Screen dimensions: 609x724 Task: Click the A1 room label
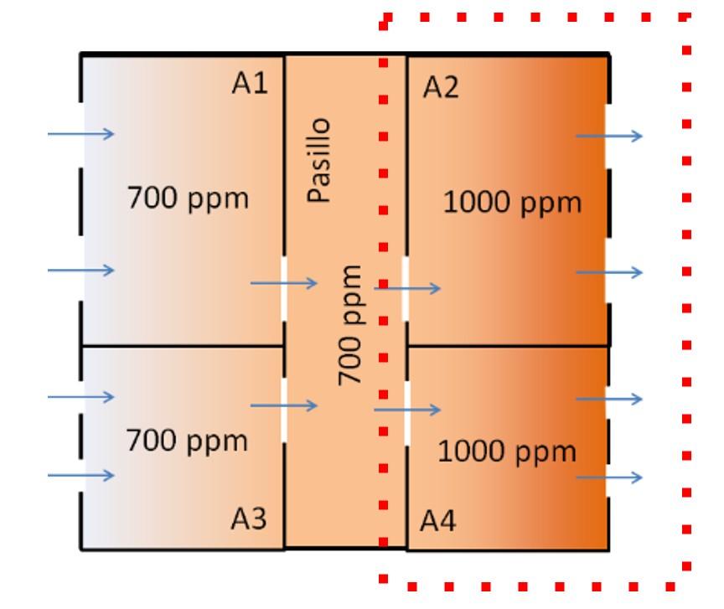(250, 84)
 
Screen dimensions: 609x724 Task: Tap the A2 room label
(442, 87)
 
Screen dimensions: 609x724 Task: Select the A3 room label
(249, 519)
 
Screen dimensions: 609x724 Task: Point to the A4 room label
(438, 523)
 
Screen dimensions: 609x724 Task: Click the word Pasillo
(318, 159)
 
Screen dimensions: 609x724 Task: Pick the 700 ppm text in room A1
(188, 199)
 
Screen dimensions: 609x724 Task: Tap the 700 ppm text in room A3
(187, 441)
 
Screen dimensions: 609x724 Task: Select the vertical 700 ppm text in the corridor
(351, 325)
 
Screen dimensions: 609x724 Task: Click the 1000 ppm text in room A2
(511, 203)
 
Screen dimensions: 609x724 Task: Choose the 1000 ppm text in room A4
(507, 452)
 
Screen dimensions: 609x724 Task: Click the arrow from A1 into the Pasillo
(284, 283)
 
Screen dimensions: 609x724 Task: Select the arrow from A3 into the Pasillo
(284, 406)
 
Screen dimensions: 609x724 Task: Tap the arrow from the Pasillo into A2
(407, 288)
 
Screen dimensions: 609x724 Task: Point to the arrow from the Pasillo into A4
(407, 410)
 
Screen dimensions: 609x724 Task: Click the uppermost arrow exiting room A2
(609, 136)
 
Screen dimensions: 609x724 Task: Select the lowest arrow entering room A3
(80, 476)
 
